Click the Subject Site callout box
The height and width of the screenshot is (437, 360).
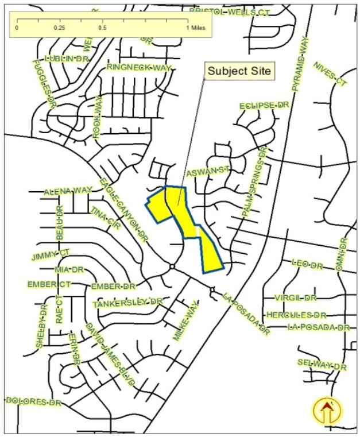[x=241, y=71]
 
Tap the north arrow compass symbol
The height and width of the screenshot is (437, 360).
[x=327, y=411]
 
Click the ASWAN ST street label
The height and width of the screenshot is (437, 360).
[x=208, y=172]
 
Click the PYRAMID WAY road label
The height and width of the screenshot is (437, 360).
[x=300, y=63]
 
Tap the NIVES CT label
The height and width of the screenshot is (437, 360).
[x=331, y=74]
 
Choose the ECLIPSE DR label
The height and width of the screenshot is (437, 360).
[x=264, y=106]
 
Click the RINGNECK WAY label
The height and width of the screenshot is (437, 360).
[x=139, y=68]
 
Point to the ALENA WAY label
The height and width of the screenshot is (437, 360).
[x=68, y=191]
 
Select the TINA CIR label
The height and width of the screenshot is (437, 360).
[x=104, y=218]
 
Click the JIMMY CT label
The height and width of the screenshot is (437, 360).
[x=51, y=254]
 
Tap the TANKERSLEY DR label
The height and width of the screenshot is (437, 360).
[x=128, y=302]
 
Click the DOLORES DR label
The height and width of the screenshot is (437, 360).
[x=33, y=401]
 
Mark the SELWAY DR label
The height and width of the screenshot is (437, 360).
[x=322, y=364]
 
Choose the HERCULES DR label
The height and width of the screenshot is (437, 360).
[x=296, y=315]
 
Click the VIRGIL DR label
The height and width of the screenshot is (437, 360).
[x=295, y=298]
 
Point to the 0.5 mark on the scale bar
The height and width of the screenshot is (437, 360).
[x=102, y=27]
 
